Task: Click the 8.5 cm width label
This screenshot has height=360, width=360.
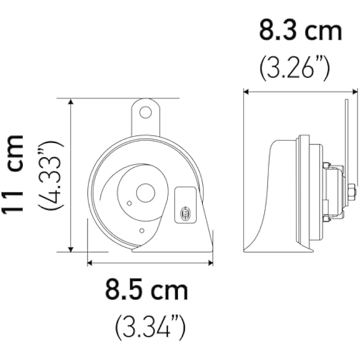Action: (x=146, y=291)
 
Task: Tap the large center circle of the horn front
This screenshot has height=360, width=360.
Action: (x=145, y=192)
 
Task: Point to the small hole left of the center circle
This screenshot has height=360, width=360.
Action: (x=129, y=203)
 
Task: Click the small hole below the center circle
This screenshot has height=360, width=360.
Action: (x=142, y=230)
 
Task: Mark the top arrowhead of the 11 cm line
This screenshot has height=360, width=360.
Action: (x=71, y=102)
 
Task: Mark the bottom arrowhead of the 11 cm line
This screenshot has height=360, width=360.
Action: (x=71, y=248)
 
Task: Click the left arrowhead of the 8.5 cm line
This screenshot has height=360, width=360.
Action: (x=91, y=262)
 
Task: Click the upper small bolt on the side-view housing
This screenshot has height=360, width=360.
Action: (x=326, y=165)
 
